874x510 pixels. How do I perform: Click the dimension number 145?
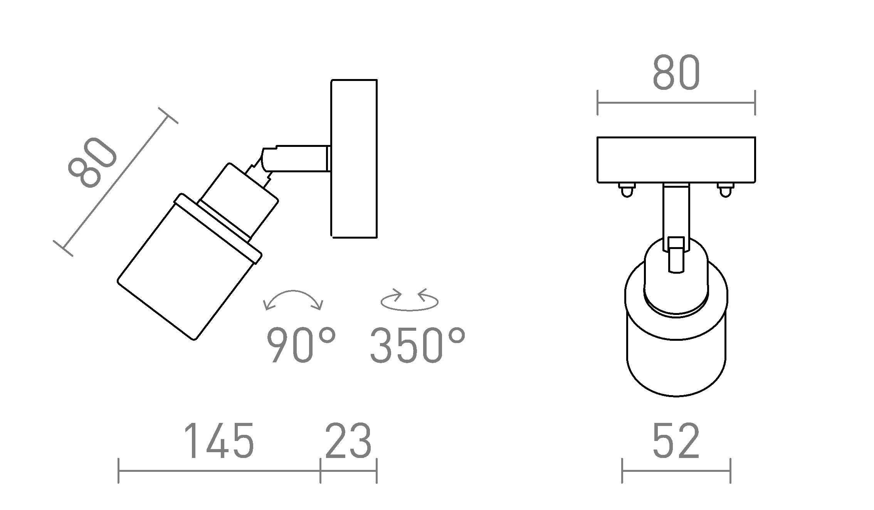coord(219,441)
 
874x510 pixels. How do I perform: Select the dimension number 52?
coord(676,441)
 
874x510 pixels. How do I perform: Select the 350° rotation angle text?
coord(418,345)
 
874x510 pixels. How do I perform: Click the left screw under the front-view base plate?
coord(627,190)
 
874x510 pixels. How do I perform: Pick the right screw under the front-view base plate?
coord(725,190)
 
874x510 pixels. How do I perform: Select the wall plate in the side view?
coord(354,158)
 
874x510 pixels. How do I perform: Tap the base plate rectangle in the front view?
coord(676,160)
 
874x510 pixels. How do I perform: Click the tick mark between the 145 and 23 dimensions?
coord(320,471)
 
